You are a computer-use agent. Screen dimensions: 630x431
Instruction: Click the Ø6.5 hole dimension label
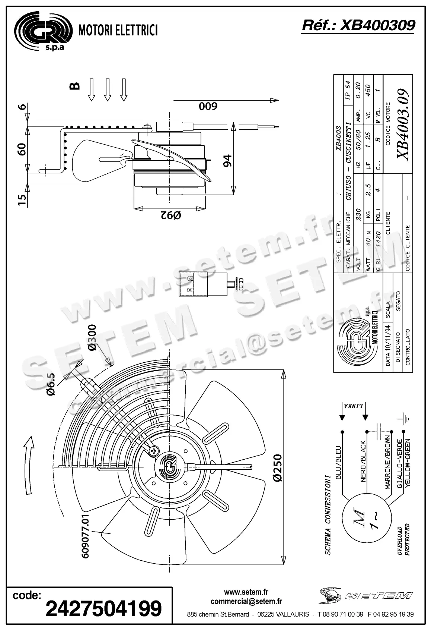coord(51,384)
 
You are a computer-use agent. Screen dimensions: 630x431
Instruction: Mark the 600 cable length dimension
coord(208,107)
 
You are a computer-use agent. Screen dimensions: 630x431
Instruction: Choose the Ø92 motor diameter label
coord(170,215)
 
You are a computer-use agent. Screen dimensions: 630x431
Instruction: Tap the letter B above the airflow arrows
coord(75,86)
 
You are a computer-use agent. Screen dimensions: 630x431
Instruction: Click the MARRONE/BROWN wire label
coord(387,462)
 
